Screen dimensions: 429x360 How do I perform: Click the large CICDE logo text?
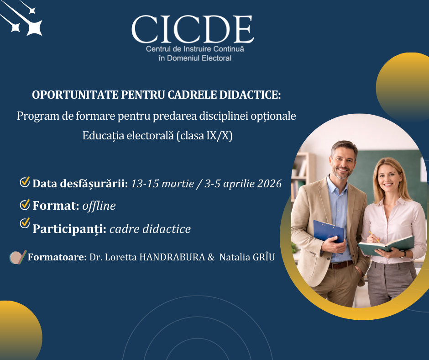pyautogui.click(x=193, y=29)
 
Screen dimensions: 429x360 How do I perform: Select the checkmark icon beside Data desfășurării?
pyautogui.click(x=25, y=182)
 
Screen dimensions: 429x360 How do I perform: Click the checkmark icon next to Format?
pyautogui.click(x=25, y=204)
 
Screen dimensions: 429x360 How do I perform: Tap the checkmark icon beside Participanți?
pyautogui.click(x=25, y=223)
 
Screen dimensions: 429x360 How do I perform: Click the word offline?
pyautogui.click(x=99, y=206)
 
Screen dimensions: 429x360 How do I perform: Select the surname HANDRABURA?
pyautogui.click(x=172, y=257)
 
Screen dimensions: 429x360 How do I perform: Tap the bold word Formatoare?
pyautogui.click(x=57, y=257)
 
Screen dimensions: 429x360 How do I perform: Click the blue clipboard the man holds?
pyautogui.click(x=328, y=232)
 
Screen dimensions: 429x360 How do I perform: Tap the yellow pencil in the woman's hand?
pyautogui.click(x=374, y=237)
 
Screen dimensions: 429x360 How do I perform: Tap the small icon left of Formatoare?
pyautogui.click(x=18, y=257)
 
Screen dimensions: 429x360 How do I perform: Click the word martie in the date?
pyautogui.click(x=178, y=184)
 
